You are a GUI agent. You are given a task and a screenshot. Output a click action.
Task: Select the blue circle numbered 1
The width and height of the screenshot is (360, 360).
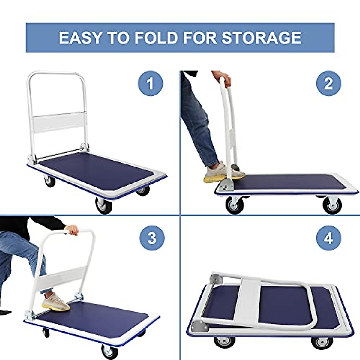151,83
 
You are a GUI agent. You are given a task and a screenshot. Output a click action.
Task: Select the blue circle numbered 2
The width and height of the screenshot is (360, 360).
329,83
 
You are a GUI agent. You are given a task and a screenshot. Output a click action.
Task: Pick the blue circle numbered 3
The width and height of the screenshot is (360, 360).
152,238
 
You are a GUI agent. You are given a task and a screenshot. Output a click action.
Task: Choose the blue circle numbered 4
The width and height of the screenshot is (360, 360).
329,238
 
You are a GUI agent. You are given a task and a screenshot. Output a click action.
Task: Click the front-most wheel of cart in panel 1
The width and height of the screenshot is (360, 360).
104,205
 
